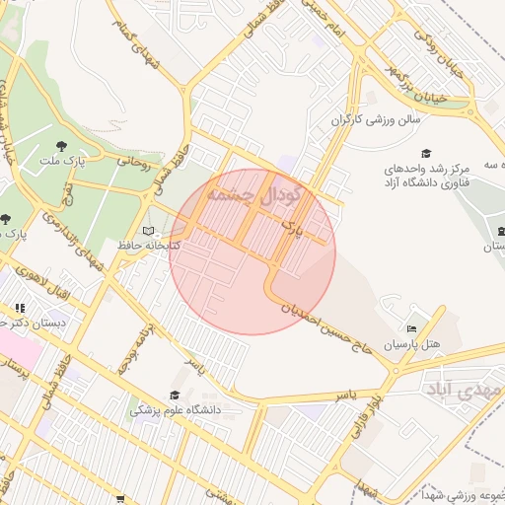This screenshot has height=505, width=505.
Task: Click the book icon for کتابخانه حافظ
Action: pos(148,231)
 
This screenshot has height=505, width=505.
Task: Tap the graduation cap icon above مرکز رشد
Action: pos(426,153)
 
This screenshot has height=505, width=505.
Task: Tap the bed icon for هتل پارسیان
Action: pos(411,329)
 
